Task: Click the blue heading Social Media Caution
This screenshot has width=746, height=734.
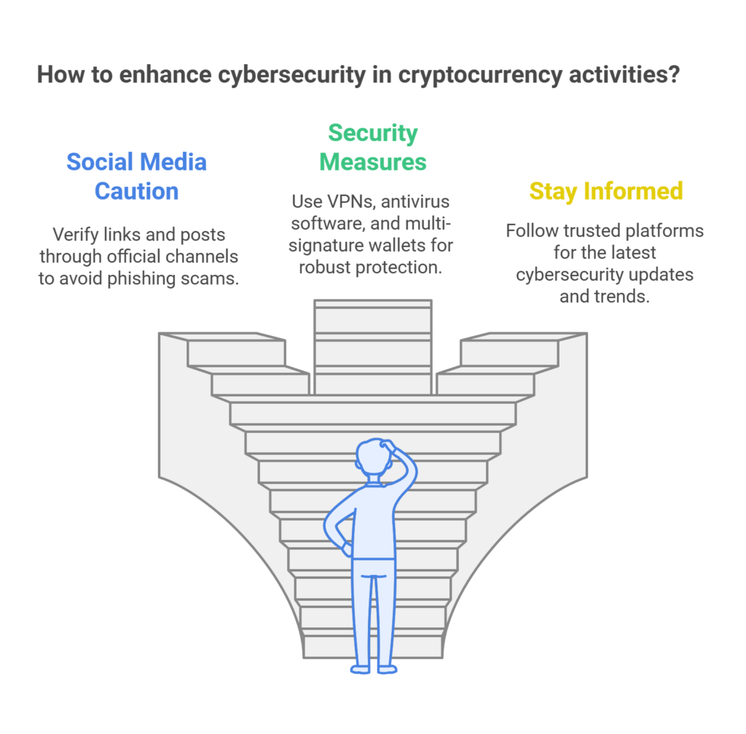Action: (x=137, y=176)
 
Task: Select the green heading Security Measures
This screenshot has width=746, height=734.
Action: (x=373, y=147)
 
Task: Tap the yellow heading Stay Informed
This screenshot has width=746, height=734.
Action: (x=605, y=191)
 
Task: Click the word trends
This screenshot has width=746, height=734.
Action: (x=622, y=297)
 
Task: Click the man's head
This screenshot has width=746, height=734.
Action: (x=373, y=460)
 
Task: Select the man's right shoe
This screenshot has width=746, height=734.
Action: (x=387, y=668)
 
